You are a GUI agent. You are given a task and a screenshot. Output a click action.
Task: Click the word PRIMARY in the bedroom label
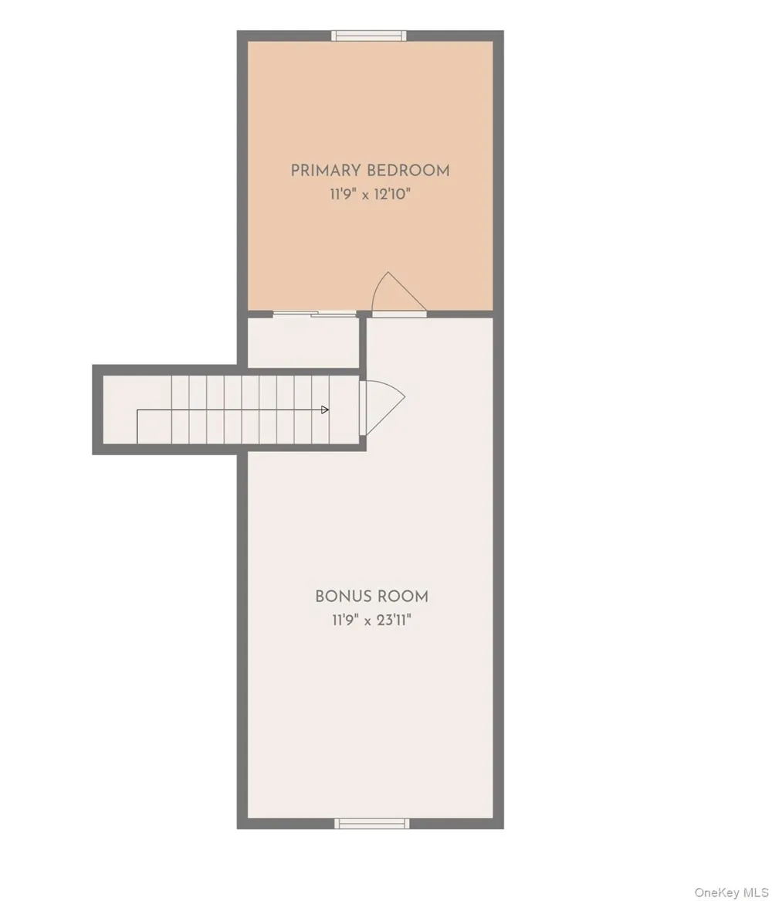326,171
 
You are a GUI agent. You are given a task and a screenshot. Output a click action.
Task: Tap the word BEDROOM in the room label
408,171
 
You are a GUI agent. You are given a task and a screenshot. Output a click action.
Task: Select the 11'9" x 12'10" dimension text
371,194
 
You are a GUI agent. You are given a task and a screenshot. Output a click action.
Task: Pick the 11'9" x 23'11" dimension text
371,620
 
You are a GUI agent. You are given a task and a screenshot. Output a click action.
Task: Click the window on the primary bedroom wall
369,36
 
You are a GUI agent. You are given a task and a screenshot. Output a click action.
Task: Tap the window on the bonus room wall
372,824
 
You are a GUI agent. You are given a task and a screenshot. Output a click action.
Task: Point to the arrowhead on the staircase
325,410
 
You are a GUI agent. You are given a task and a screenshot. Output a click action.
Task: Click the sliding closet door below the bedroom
314,314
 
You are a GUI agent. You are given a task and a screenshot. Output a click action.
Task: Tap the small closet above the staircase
303,342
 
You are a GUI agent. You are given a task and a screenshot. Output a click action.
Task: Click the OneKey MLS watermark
731,892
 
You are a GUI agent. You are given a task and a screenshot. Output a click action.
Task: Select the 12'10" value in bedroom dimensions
393,194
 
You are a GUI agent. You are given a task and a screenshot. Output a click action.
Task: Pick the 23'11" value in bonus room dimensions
394,620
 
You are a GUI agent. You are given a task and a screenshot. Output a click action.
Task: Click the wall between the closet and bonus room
363,342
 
